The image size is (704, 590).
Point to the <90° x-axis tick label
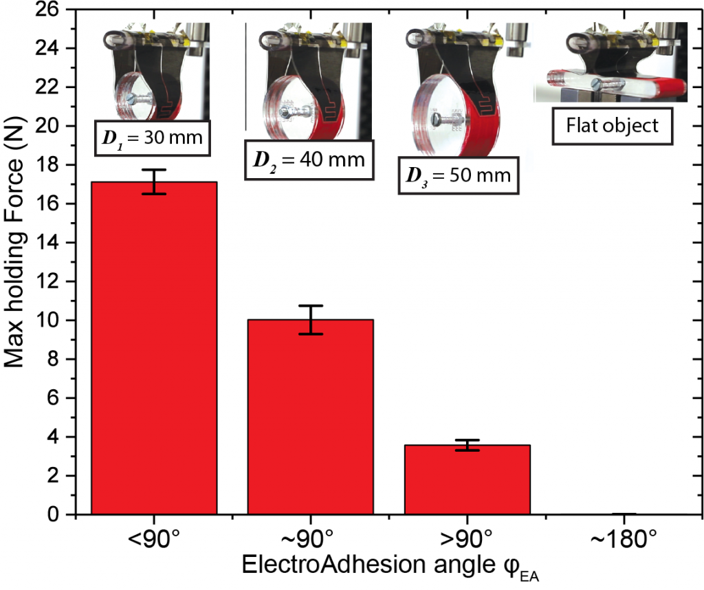point(154,538)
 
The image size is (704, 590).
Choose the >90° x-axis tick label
point(467,538)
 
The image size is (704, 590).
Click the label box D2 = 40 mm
point(310,162)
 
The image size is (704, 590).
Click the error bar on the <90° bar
point(159,182)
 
